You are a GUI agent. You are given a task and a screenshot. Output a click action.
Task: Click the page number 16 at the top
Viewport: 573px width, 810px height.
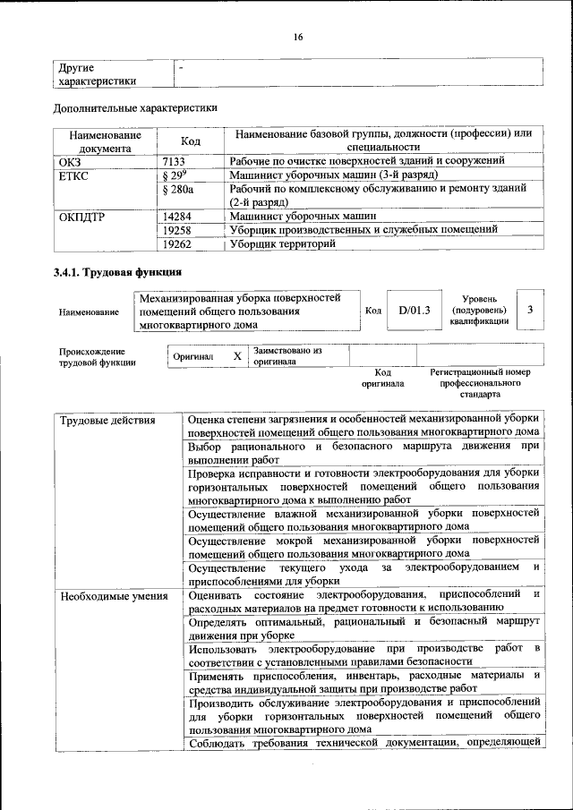297,37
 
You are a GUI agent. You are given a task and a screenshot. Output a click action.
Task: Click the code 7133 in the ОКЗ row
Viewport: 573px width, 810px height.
175,161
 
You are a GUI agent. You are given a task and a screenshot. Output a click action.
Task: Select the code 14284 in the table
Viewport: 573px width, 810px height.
180,216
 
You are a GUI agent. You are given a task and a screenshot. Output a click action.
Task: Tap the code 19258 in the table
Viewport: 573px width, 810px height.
180,229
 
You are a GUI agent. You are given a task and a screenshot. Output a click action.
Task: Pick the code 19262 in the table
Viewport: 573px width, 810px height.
180,243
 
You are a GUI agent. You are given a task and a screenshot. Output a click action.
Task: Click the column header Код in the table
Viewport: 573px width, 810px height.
190,141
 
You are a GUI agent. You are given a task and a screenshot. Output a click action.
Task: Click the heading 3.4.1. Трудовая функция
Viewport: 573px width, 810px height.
118,272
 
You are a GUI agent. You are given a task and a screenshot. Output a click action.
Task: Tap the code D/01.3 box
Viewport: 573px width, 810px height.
415,311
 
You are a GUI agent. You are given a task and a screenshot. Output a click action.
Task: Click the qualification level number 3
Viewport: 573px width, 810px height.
531,310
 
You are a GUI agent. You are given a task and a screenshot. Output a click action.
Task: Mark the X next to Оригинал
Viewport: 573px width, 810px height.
237,356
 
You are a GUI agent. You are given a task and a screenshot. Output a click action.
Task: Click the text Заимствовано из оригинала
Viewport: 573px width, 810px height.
286,356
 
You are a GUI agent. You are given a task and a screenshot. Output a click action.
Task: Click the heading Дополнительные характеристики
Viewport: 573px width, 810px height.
135,109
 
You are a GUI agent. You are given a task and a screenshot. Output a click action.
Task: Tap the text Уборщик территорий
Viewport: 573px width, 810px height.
283,243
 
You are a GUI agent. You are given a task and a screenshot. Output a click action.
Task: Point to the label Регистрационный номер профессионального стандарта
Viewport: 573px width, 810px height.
480,382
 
